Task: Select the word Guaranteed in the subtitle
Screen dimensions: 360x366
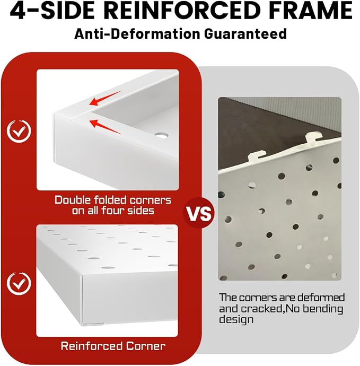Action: point(245,34)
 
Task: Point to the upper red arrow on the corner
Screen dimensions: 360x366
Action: point(105,98)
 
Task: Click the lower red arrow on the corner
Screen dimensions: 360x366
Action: point(106,126)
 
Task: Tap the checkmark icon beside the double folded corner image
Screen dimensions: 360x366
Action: point(19,131)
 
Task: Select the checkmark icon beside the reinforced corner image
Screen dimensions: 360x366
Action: point(19,283)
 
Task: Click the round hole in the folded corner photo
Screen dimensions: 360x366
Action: point(161,135)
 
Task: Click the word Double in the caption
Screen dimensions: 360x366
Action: point(73,200)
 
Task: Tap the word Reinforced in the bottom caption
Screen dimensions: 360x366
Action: point(92,346)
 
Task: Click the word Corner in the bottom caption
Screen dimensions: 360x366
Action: point(146,346)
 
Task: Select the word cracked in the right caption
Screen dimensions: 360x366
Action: point(261,309)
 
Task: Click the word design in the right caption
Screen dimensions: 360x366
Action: point(236,320)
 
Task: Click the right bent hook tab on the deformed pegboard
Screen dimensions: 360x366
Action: point(314,137)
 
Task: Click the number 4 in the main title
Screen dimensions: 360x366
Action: point(17,11)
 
